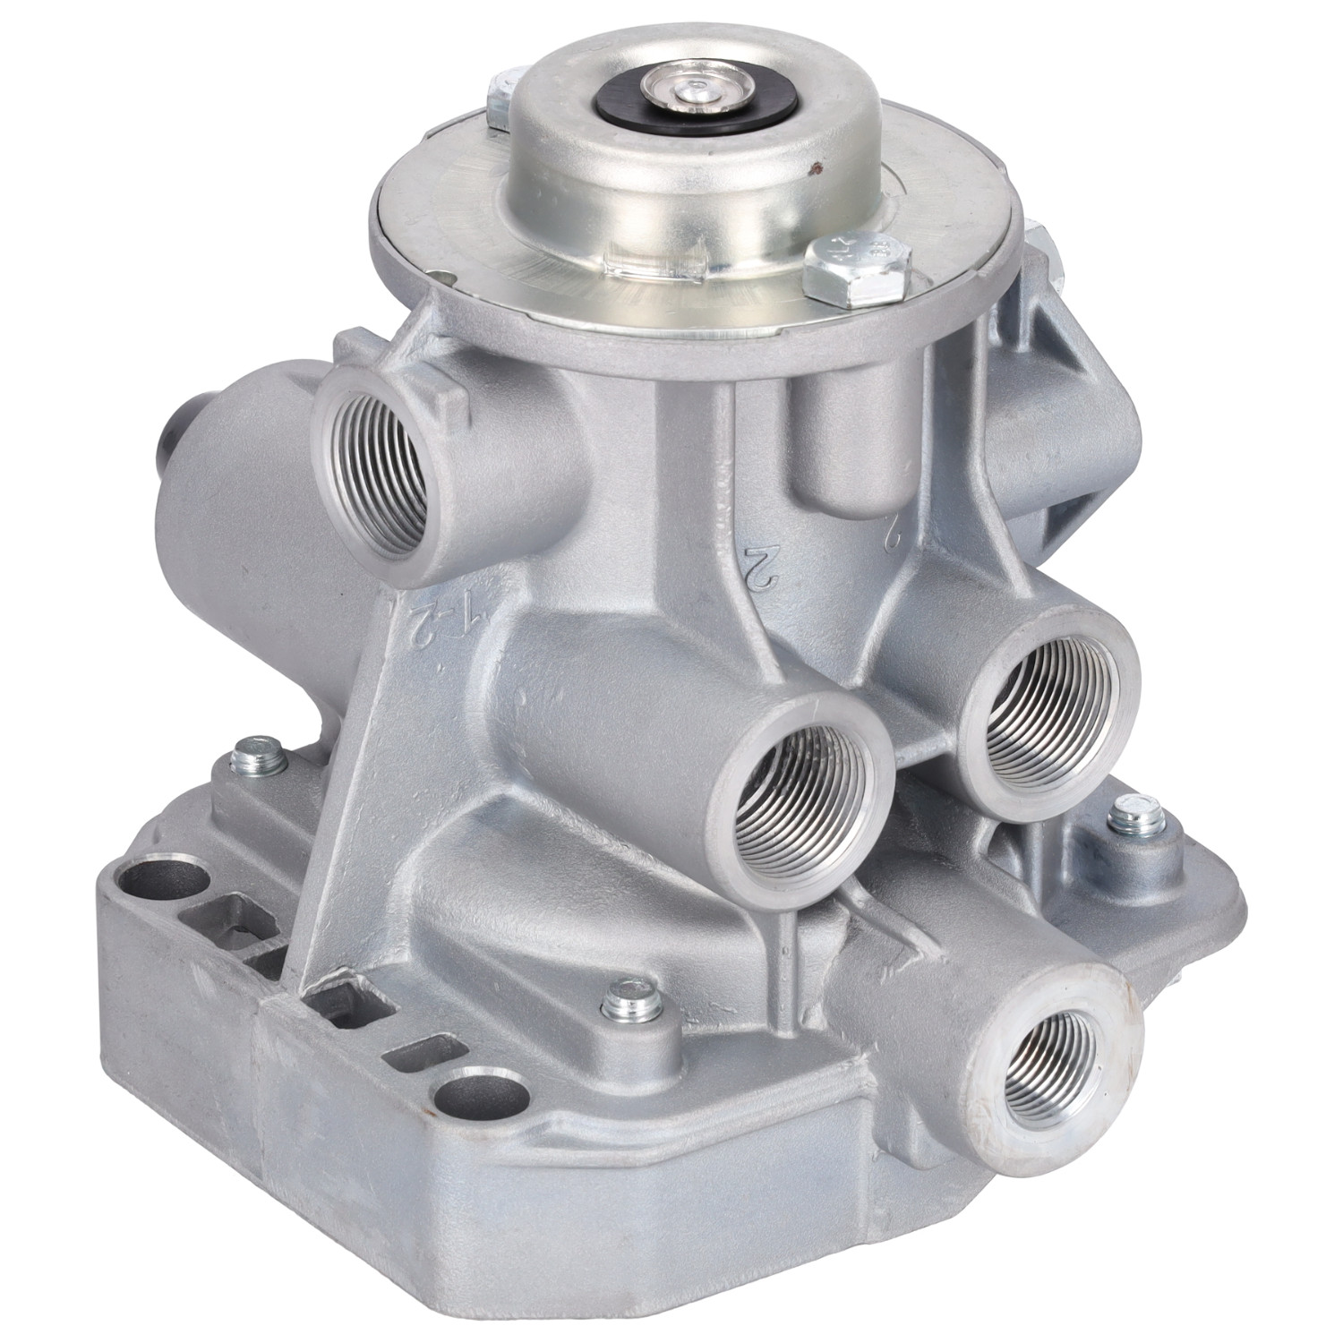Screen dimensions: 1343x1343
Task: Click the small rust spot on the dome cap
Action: tap(815, 165)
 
